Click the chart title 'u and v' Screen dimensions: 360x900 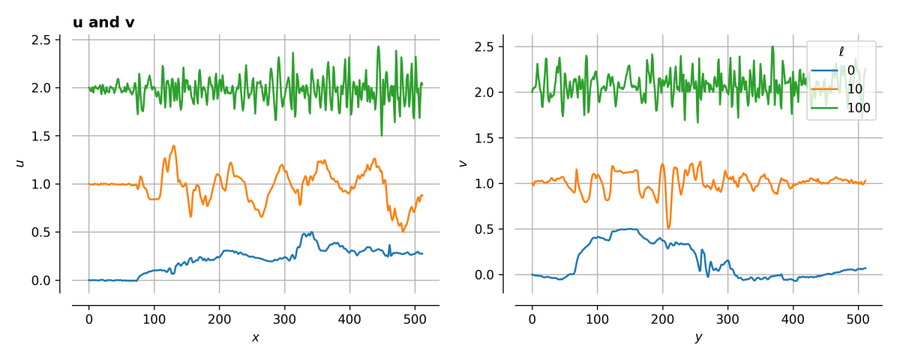tap(103, 22)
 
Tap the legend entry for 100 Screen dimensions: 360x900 tap(840, 109)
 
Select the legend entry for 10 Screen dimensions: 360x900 tap(840, 89)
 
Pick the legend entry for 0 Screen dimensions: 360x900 tap(840, 70)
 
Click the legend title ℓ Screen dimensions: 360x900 tap(841, 51)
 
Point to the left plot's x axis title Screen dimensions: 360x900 tap(255, 337)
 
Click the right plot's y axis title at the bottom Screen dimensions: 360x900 tap(698, 337)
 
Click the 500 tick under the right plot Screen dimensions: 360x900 tap(857, 318)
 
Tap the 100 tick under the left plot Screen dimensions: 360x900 tap(154, 318)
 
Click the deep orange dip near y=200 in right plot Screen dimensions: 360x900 tap(668, 228)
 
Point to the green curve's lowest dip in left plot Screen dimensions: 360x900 tap(382, 136)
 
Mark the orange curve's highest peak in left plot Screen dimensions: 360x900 tap(174, 145)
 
